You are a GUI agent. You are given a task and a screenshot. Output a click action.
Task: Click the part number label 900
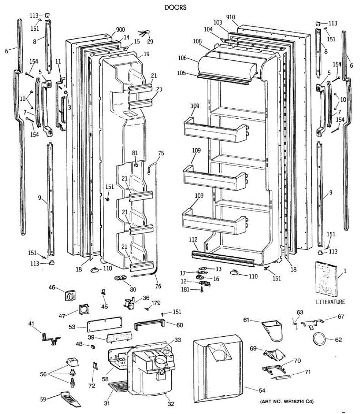[120, 30]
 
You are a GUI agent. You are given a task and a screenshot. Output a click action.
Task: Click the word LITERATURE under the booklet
[330, 302]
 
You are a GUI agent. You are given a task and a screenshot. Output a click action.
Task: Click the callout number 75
[161, 154]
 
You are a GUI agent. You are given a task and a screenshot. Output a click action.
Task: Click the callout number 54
[262, 390]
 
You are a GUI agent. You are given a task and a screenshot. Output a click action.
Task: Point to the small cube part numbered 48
[93, 346]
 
